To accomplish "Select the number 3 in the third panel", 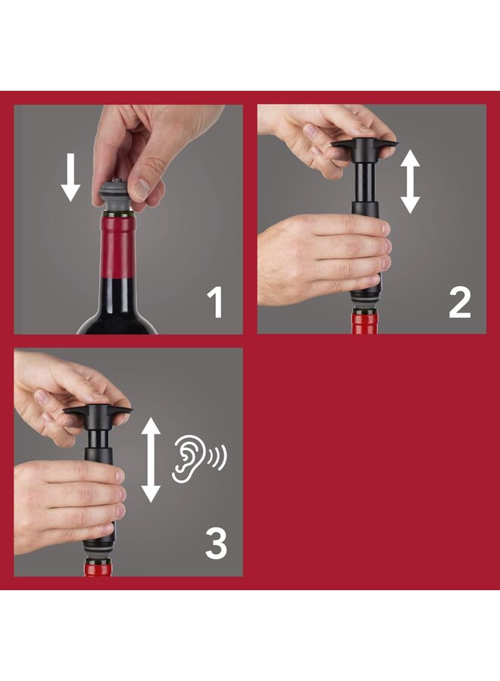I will point(215,544).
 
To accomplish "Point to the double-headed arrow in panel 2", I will point(410,180).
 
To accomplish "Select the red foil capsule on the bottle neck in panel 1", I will point(117,246).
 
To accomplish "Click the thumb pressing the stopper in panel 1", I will point(142,186).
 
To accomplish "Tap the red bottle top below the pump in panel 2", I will point(367,322).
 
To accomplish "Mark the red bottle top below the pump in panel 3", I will point(98,569).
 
